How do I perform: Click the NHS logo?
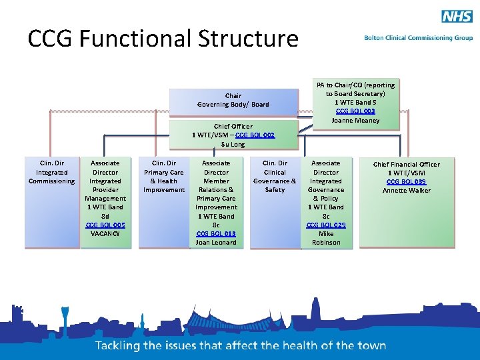(x=457, y=17)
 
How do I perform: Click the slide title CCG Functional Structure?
(x=163, y=39)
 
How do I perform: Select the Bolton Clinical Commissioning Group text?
(x=419, y=38)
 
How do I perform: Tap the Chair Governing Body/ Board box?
(x=233, y=100)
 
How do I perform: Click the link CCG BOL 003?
(x=355, y=111)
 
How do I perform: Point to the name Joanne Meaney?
(x=355, y=121)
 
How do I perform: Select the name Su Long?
(x=233, y=144)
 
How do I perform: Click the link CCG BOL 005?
(x=105, y=225)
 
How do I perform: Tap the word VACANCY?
(x=105, y=234)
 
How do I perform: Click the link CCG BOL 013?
(x=216, y=234)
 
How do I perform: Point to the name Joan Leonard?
(x=216, y=243)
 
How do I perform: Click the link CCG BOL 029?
(x=326, y=225)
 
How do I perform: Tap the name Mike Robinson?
(x=326, y=238)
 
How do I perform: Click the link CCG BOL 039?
(x=407, y=181)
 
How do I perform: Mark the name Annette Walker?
(x=407, y=191)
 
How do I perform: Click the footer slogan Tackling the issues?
(x=241, y=345)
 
